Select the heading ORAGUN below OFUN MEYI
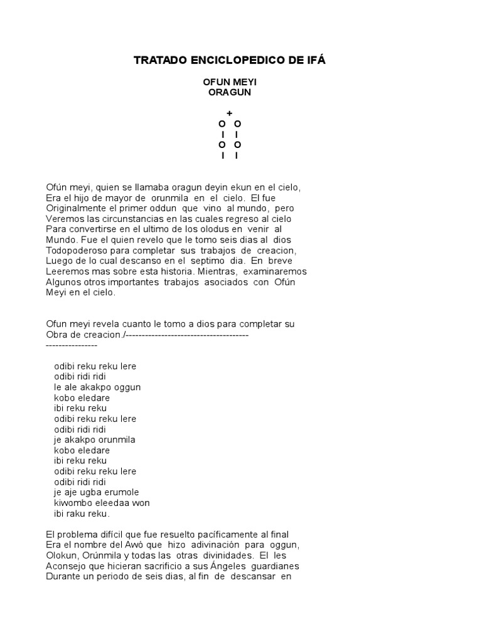(230, 92)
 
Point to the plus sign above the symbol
(230, 113)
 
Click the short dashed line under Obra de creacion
(72, 345)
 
